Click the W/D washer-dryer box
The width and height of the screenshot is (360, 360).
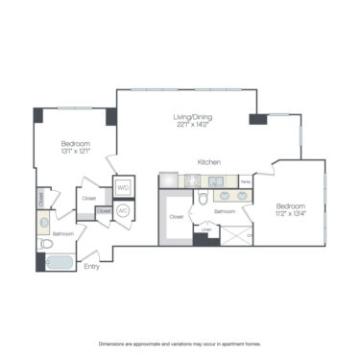pyautogui.click(x=123, y=188)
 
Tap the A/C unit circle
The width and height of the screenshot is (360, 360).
pyautogui.click(x=123, y=210)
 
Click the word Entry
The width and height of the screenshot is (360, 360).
pyautogui.click(x=92, y=268)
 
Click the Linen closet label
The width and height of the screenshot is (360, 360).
pyautogui.click(x=205, y=228)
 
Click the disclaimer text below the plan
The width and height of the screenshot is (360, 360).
pyautogui.click(x=180, y=343)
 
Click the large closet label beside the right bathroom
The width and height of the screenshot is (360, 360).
pyautogui.click(x=176, y=217)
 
